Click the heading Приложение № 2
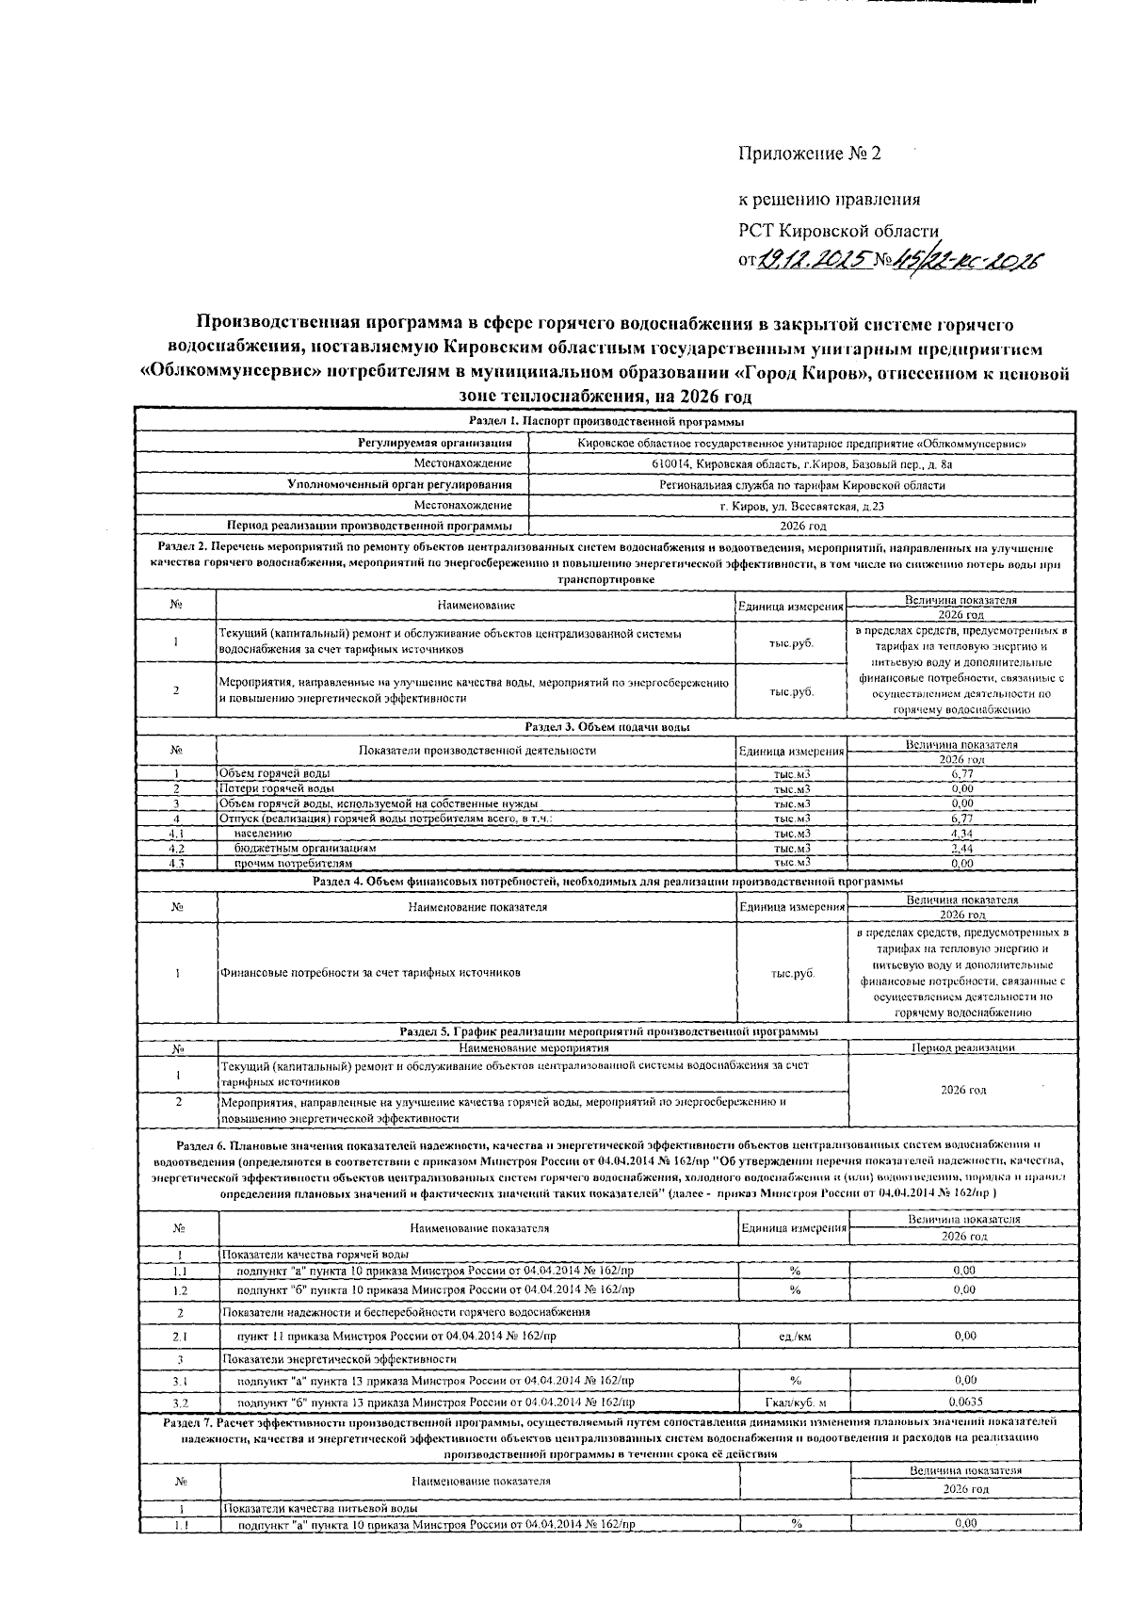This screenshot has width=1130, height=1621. pyautogui.click(x=808, y=154)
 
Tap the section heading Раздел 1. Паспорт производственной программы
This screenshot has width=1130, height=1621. pyautogui.click(x=606, y=421)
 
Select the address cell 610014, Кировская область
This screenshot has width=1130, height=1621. pyautogui.click(x=802, y=463)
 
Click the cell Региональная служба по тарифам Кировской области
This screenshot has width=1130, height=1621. pyautogui.click(x=802, y=485)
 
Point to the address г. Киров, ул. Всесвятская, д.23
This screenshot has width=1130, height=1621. pyautogui.click(x=802, y=507)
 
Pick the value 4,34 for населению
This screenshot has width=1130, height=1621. pyautogui.click(x=961, y=834)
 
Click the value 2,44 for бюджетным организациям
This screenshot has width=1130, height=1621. pyautogui.click(x=961, y=848)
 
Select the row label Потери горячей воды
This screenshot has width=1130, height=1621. pyautogui.click(x=276, y=788)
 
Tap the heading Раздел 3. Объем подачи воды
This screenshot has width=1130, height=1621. pyautogui.click(x=606, y=727)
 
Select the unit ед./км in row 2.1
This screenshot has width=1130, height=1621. pyautogui.click(x=796, y=1336)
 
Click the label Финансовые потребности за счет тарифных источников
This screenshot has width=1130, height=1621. pyautogui.click(x=369, y=972)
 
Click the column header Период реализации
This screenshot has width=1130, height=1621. pyautogui.click(x=962, y=1047)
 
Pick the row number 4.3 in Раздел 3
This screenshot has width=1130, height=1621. pyautogui.click(x=176, y=863)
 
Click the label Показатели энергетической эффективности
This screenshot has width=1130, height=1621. pyautogui.click(x=339, y=1359)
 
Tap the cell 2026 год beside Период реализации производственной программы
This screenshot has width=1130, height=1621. pyautogui.click(x=802, y=527)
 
